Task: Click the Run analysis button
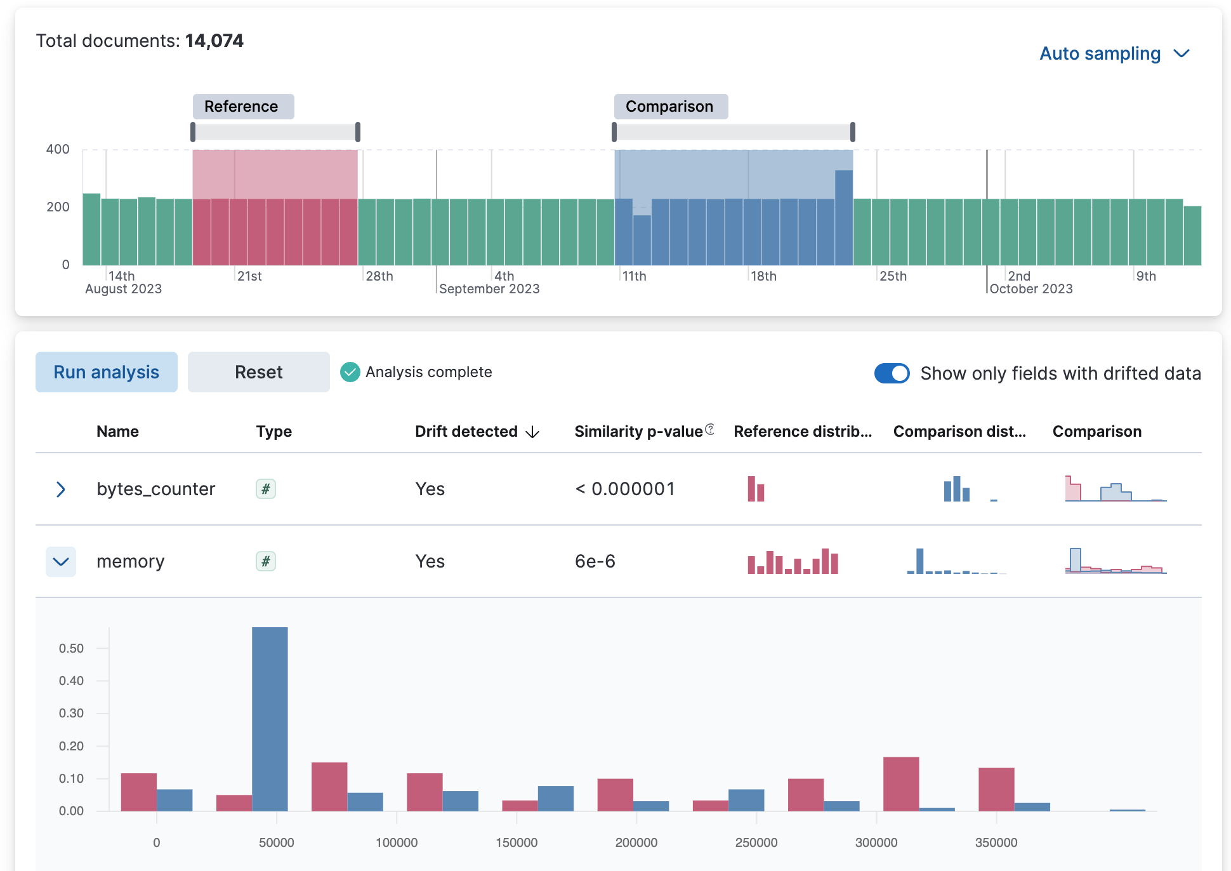pyautogui.click(x=107, y=372)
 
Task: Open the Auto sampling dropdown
pyautogui.click(x=1114, y=54)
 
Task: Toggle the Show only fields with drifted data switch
pyautogui.click(x=892, y=373)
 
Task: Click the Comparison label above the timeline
pyautogui.click(x=670, y=107)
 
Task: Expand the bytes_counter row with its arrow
pyautogui.click(x=61, y=489)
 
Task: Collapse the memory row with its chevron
pyautogui.click(x=61, y=562)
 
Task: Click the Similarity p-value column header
pyautogui.click(x=638, y=432)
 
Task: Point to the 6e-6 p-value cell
pyautogui.click(x=595, y=562)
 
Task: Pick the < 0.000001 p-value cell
pyautogui.click(x=624, y=489)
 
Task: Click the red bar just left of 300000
pyautogui.click(x=900, y=784)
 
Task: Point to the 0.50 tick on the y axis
pyautogui.click(x=71, y=648)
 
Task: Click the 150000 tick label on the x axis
pyautogui.click(x=517, y=842)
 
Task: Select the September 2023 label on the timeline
pyautogui.click(x=489, y=289)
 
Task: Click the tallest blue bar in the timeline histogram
pyautogui.click(x=843, y=217)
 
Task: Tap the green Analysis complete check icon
pyautogui.click(x=350, y=372)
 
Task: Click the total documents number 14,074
pyautogui.click(x=214, y=41)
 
